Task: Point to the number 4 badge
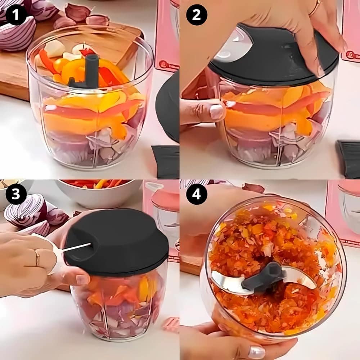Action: tap(197, 194)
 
